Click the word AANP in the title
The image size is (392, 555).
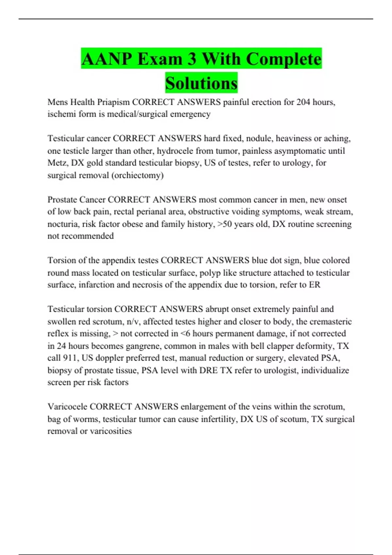pos(107,59)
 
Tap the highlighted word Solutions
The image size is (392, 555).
pos(201,83)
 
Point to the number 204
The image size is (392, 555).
pos(303,102)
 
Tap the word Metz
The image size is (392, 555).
pos(57,163)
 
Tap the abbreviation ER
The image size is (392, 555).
pos(315,285)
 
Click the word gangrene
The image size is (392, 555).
pos(144,346)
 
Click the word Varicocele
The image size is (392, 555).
pos(67,407)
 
